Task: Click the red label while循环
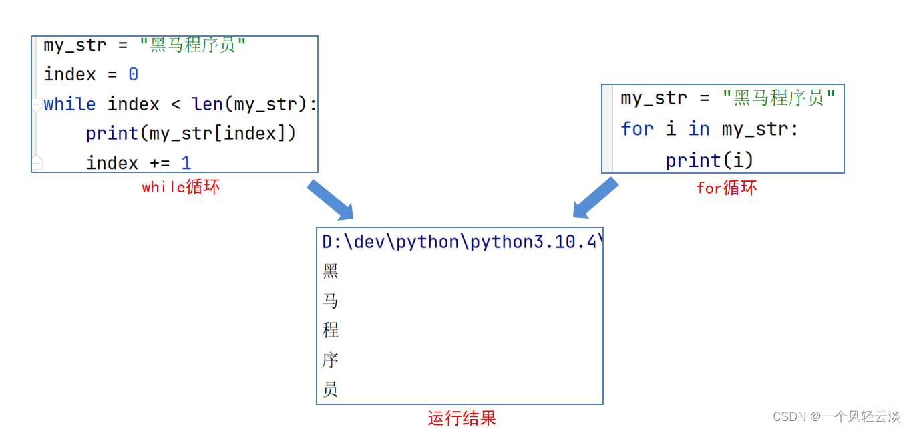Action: (180, 187)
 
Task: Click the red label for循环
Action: (727, 188)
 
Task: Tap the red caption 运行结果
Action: (462, 419)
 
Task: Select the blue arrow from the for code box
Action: (595, 198)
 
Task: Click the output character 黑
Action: (331, 271)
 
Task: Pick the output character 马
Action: (331, 301)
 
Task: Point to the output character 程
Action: (331, 330)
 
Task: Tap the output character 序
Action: (331, 360)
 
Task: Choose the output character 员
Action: (331, 390)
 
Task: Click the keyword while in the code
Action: (69, 104)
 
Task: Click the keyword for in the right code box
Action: (636, 128)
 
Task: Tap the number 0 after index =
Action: (133, 74)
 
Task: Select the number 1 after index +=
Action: (186, 162)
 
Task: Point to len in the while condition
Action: (208, 104)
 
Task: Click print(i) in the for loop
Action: (709, 160)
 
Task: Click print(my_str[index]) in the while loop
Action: (190, 134)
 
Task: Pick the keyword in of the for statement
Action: (699, 128)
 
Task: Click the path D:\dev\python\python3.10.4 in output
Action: (460, 241)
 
